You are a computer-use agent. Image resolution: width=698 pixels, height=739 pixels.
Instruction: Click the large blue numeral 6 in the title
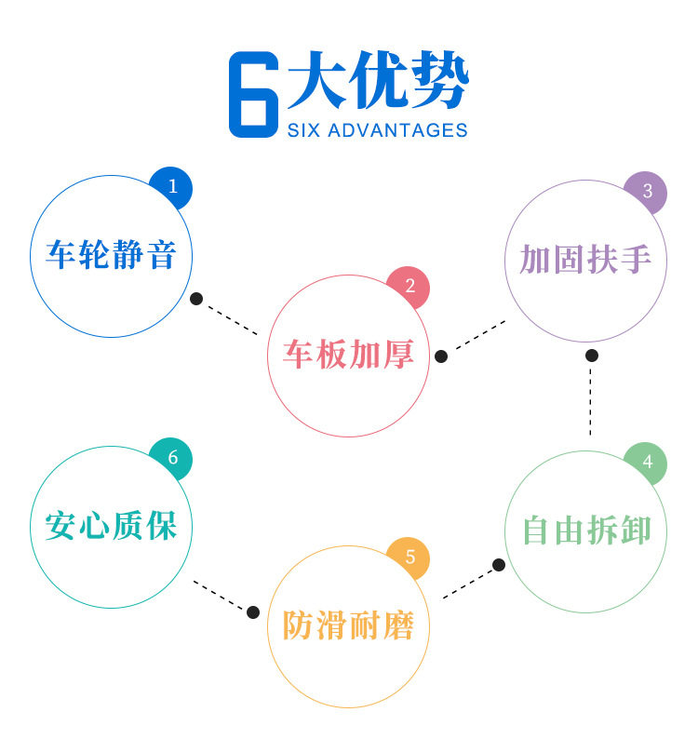253,96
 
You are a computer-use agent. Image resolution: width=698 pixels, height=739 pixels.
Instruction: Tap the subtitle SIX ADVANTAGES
377,130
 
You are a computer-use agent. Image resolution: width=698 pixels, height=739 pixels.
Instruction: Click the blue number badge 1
172,187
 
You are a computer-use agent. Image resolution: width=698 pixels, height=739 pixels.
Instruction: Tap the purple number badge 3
647,193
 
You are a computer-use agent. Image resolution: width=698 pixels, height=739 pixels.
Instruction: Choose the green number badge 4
647,463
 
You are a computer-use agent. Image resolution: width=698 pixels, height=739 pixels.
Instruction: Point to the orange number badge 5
409,559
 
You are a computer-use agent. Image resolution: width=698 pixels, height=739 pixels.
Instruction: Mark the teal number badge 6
172,458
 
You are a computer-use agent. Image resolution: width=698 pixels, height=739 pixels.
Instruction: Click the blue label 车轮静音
111,255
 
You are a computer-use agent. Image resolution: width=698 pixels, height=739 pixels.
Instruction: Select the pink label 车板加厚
348,356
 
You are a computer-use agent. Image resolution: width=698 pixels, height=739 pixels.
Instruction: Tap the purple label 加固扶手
585,260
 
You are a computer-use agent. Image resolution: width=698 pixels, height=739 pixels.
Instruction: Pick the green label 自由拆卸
585,531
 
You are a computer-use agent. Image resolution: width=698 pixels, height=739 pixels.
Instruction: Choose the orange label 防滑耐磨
348,625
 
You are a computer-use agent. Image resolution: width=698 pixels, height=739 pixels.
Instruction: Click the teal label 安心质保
111,526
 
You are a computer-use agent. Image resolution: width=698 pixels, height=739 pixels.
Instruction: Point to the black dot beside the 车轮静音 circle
196,299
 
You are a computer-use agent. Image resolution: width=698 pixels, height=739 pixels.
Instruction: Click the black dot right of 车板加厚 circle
441,356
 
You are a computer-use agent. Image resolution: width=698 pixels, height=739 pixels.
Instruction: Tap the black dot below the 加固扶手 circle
591,356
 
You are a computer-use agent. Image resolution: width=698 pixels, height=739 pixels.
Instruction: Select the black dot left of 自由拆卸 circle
499,565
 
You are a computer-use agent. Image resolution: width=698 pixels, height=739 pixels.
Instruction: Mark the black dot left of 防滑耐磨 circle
252,611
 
